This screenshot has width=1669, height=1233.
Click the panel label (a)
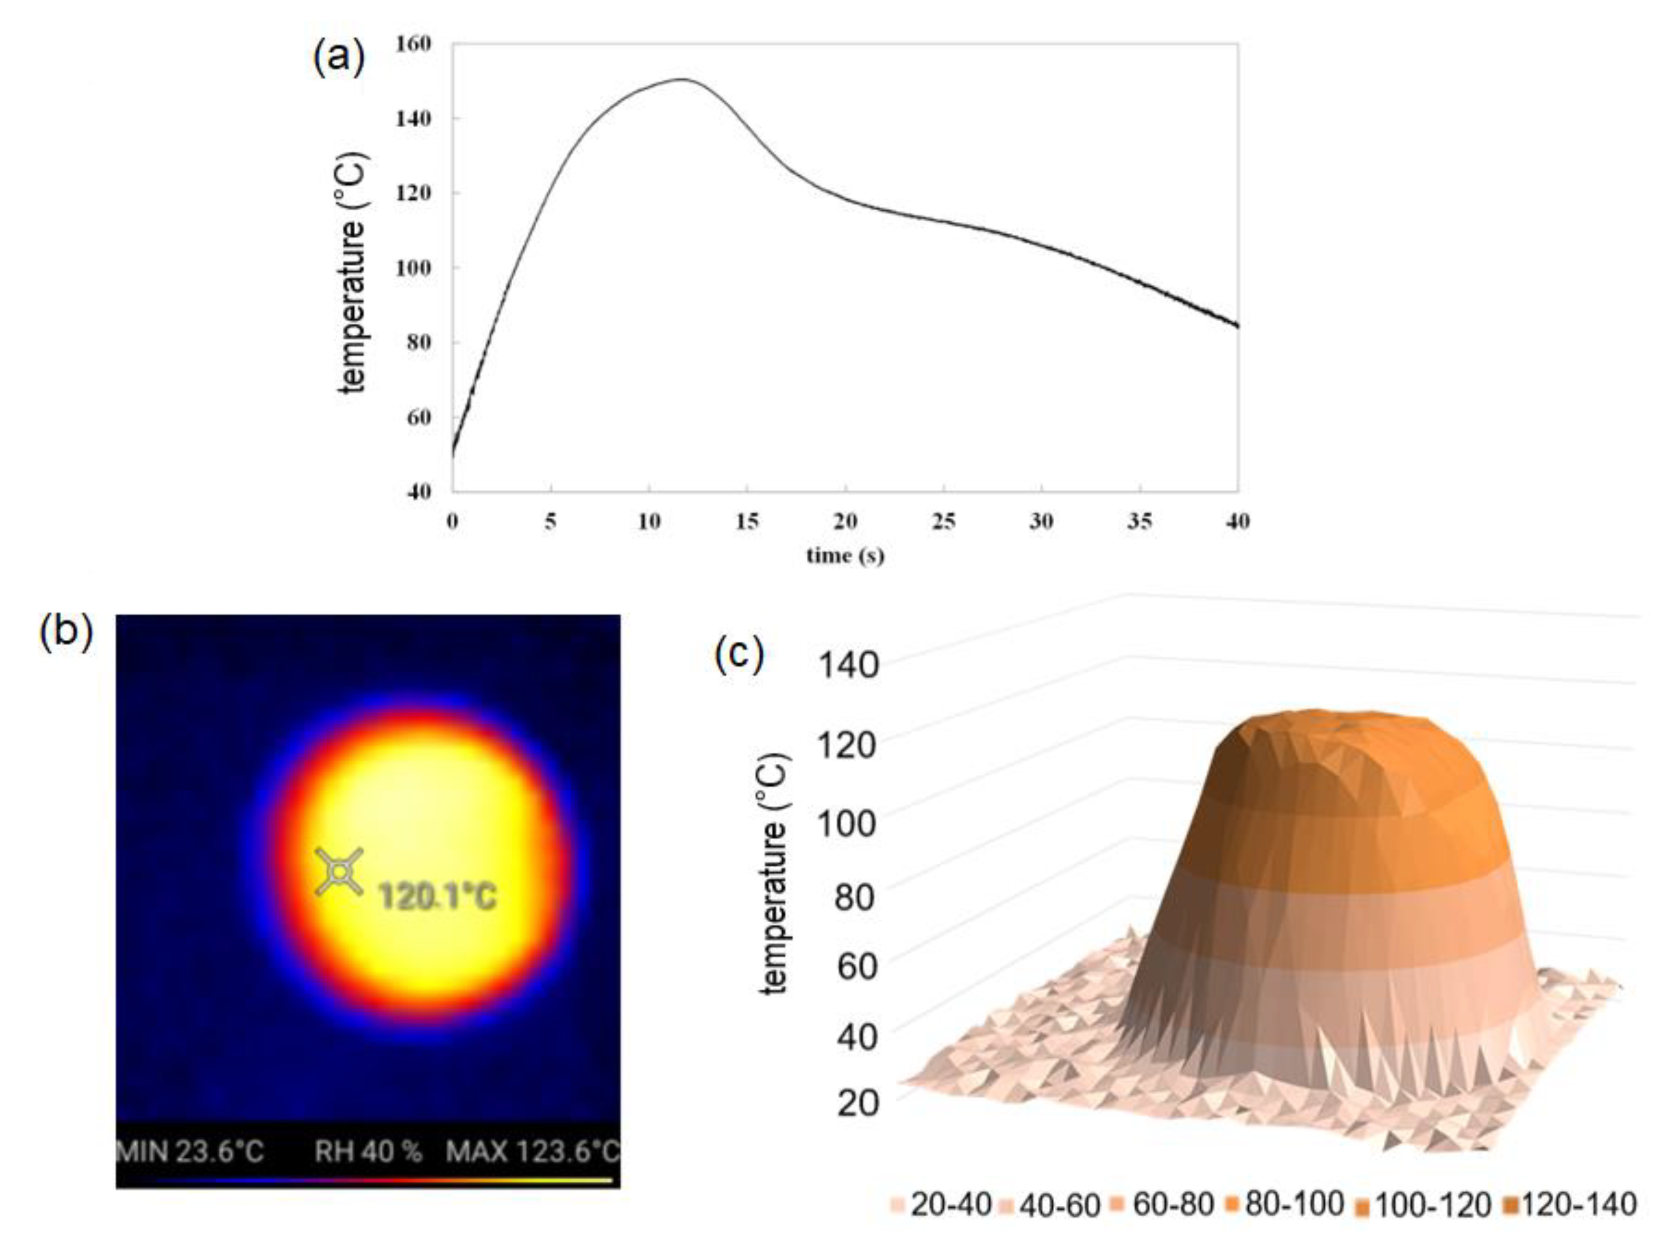pyautogui.click(x=338, y=58)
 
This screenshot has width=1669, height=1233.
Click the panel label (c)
pyautogui.click(x=739, y=654)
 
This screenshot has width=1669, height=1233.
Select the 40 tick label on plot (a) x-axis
pyautogui.click(x=1237, y=522)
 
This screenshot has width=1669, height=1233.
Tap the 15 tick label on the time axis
pyautogui.click(x=747, y=522)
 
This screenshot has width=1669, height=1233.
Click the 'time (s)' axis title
pyautogui.click(x=845, y=556)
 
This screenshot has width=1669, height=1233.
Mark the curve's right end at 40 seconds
pyautogui.click(x=1237, y=325)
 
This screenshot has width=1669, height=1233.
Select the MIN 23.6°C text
pyautogui.click(x=190, y=1151)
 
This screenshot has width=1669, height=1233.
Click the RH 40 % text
pyautogui.click(x=368, y=1151)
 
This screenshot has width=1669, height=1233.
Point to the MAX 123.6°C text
pyautogui.click(x=532, y=1151)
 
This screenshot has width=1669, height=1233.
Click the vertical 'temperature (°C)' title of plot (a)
pyautogui.click(x=352, y=273)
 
